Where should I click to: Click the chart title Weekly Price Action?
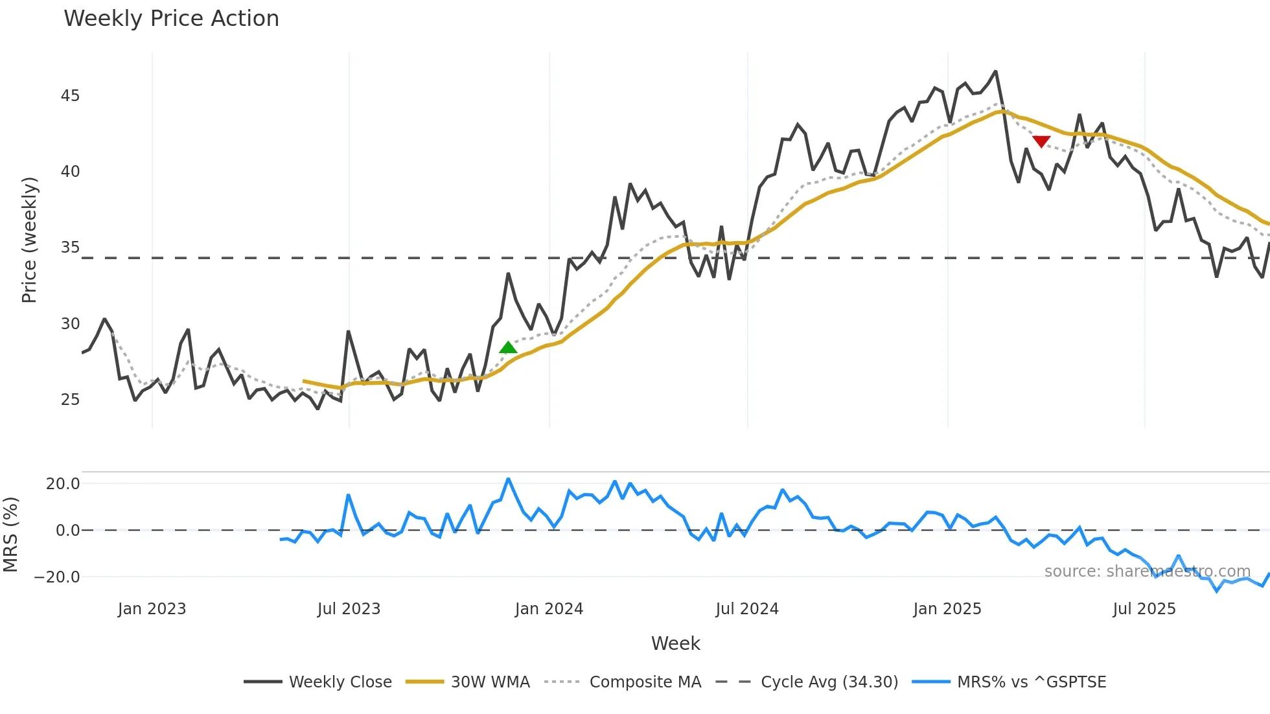tap(171, 19)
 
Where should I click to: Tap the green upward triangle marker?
tap(508, 348)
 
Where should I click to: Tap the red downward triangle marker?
tap(1041, 141)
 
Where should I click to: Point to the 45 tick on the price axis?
tap(70, 96)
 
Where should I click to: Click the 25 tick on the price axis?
tap(70, 400)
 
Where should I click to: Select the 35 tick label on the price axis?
tap(70, 248)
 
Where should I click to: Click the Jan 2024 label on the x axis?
tap(549, 609)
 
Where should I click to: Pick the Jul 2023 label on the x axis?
tap(349, 609)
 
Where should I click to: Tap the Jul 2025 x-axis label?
tap(1144, 609)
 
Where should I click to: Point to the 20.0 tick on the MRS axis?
tap(63, 484)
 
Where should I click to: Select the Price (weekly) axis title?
tap(29, 240)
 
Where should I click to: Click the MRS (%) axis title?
tap(10, 535)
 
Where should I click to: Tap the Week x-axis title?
tap(675, 643)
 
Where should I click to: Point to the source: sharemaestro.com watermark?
tap(1147, 571)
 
